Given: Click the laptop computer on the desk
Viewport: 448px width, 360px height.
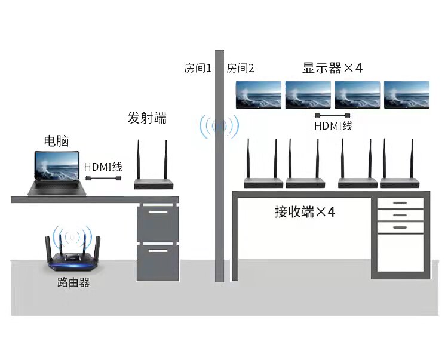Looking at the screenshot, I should coord(55,173).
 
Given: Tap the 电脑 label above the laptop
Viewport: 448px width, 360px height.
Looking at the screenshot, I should coord(57,141).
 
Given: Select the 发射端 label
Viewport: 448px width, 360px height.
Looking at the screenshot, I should coord(147,118).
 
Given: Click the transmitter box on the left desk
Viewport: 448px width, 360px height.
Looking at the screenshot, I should coord(154,184).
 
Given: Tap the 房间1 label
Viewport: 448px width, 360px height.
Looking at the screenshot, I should coord(198,68).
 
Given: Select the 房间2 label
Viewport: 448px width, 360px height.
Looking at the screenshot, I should coord(240,68).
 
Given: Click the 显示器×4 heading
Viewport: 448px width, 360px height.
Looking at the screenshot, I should coord(332,67).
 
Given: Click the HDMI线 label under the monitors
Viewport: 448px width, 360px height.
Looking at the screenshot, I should coord(333,126).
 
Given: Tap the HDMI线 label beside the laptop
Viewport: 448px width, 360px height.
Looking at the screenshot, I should coord(103,167).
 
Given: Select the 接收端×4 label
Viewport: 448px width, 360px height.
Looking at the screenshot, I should coord(305,212).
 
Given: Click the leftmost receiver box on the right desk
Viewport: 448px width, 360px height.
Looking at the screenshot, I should coord(262,183).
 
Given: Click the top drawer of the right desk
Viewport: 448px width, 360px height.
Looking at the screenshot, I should coord(400,204).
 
